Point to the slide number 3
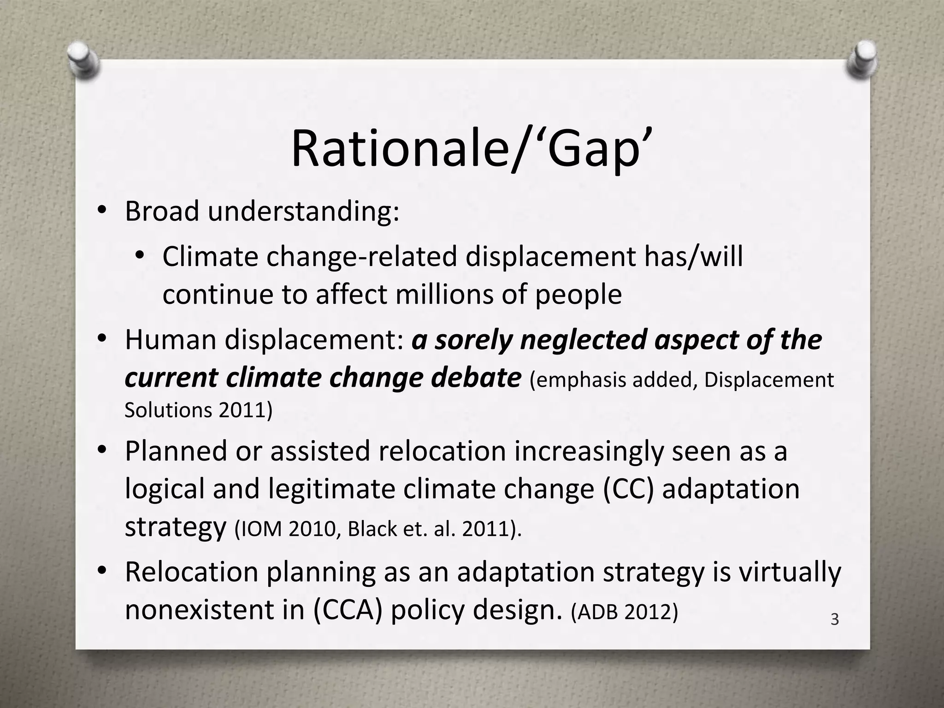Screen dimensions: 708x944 click(x=834, y=619)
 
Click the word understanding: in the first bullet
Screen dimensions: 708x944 click(x=303, y=212)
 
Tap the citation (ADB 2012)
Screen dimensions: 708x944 click(x=625, y=612)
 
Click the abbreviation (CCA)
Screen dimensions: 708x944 click(x=348, y=610)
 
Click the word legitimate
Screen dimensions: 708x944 click(x=332, y=489)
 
